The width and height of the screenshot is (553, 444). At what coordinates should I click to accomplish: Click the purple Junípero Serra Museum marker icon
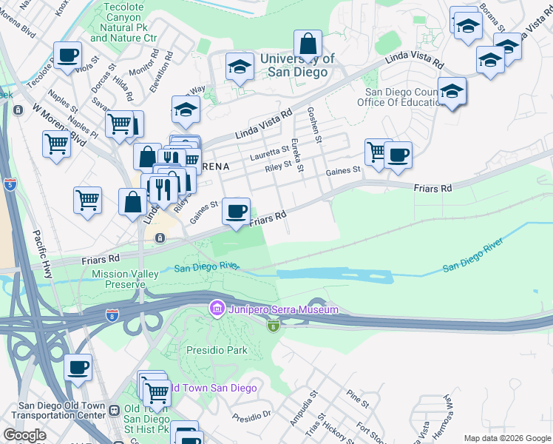coord(217,307)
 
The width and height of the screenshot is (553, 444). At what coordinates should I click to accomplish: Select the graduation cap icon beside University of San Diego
coord(240,67)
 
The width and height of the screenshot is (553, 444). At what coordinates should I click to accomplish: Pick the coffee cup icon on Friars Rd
coord(236,212)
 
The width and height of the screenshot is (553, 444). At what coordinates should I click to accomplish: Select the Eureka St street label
coord(297,155)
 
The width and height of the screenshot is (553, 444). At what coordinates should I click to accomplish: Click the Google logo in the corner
coord(24,434)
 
